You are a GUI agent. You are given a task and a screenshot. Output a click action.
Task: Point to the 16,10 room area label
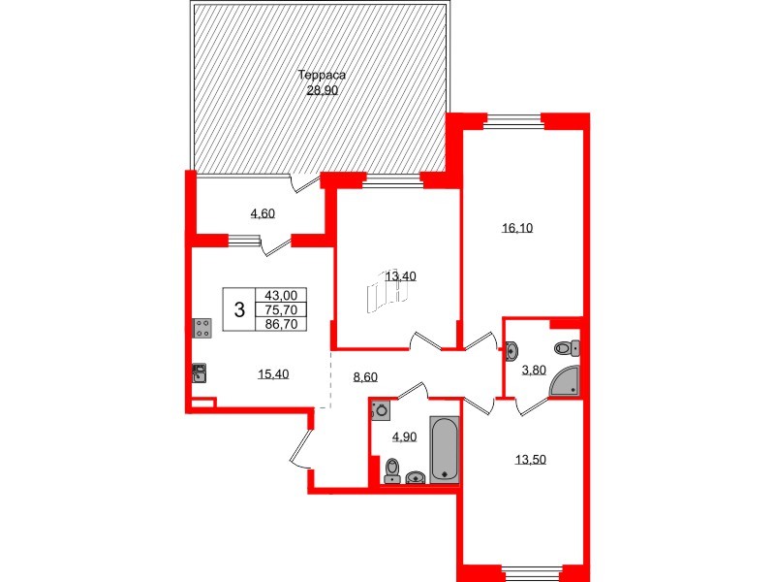pyautogui.click(x=518, y=229)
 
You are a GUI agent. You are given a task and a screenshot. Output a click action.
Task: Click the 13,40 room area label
pyautogui.click(x=400, y=276)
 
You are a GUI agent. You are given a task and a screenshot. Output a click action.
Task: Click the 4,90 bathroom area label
pyautogui.click(x=403, y=437)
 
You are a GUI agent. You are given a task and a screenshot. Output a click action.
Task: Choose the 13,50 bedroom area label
pyautogui.click(x=530, y=460)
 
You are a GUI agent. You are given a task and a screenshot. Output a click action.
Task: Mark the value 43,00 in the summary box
pyautogui.click(x=280, y=297)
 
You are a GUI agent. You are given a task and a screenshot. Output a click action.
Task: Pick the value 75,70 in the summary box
pyautogui.click(x=280, y=310)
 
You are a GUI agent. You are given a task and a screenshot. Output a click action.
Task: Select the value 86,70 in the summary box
pyautogui.click(x=280, y=325)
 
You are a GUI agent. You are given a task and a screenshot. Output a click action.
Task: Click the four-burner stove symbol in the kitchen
pyautogui.click(x=201, y=328)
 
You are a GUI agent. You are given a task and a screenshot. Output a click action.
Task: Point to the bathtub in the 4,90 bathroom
pyautogui.click(x=445, y=448)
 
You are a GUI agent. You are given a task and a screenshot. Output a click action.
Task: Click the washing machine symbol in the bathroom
pyautogui.click(x=381, y=410)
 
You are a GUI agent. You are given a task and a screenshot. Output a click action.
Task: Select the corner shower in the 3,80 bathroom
pyautogui.click(x=566, y=381)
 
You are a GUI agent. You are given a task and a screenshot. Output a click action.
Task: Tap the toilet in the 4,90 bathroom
pyautogui.click(x=391, y=470)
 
